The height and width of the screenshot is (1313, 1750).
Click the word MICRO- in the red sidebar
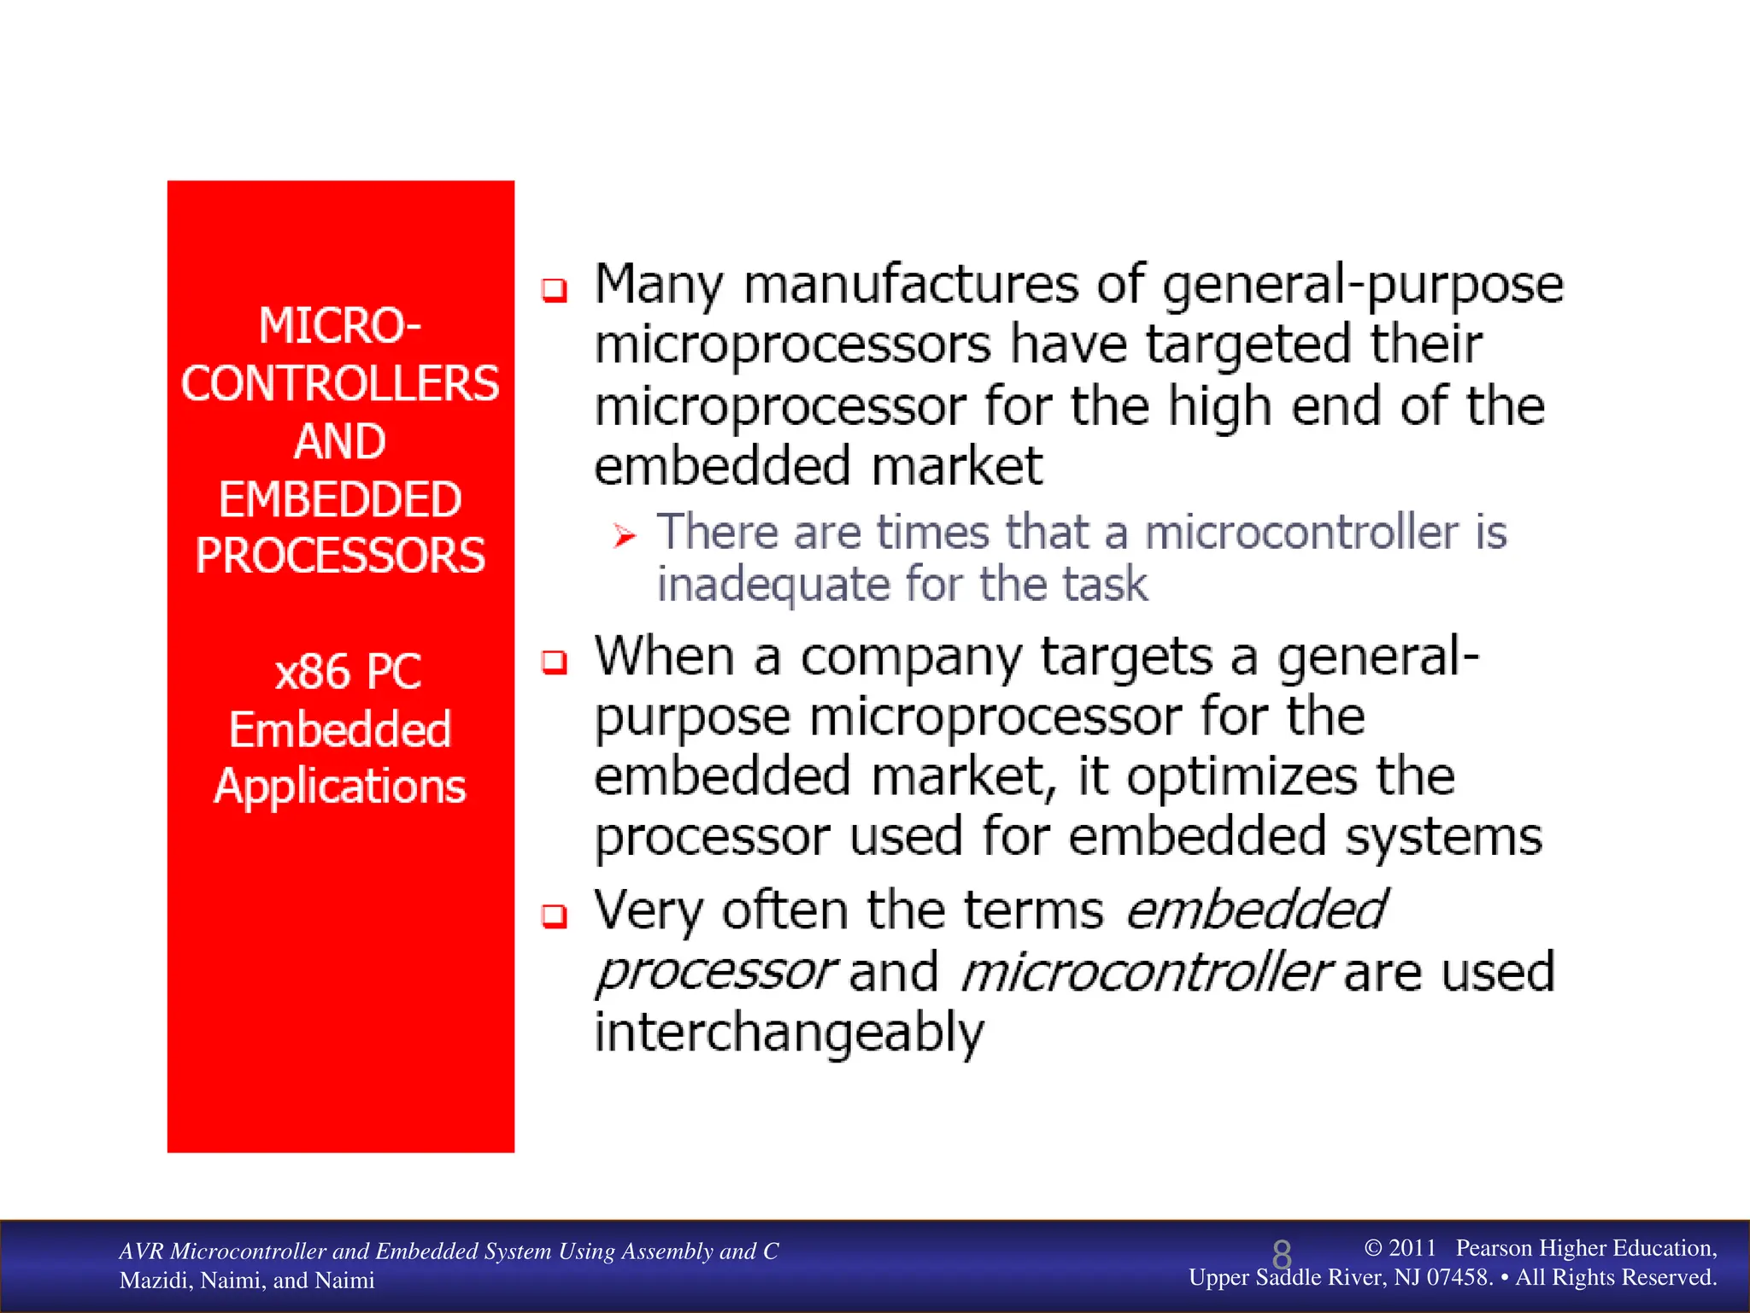pos(339,327)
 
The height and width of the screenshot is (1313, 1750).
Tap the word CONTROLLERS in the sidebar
pos(339,384)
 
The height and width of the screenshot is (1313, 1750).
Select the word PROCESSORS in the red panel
pos(339,556)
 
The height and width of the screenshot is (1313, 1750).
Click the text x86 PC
pos(348,672)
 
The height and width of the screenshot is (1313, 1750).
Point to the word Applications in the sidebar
pos(339,786)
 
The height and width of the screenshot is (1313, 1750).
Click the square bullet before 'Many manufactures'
pos(555,291)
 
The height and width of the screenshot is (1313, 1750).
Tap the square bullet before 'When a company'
pos(555,662)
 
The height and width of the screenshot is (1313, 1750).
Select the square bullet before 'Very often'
pos(555,916)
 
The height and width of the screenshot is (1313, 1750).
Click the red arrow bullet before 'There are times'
pos(625,536)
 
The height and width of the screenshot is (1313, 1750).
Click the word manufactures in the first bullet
pos(911,285)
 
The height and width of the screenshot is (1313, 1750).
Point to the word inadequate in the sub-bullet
pos(773,586)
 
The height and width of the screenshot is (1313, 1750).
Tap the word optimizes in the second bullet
pos(1241,778)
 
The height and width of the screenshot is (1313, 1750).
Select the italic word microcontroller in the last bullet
pos(1145,974)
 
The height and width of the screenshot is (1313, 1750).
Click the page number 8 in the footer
pos(1281,1255)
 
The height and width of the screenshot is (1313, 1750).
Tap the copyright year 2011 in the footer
pos(1412,1248)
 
